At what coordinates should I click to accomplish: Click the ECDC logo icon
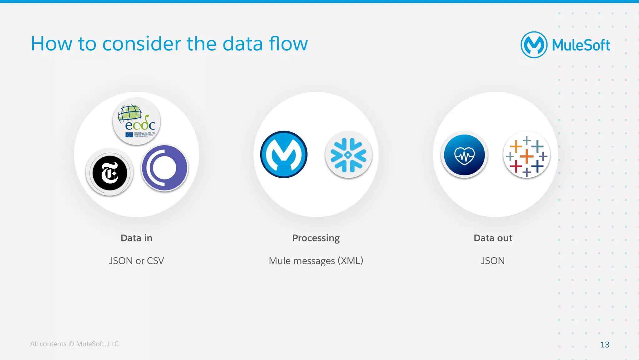click(137, 121)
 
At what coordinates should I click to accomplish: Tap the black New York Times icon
click(110, 172)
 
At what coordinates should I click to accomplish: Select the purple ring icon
click(164, 168)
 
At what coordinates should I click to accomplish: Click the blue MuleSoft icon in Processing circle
click(284, 155)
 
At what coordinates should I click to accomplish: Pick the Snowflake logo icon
click(349, 155)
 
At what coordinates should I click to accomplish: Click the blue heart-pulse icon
click(464, 155)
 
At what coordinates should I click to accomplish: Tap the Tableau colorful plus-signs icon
click(526, 155)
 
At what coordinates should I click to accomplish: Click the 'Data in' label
click(136, 238)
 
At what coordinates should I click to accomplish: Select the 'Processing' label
click(316, 238)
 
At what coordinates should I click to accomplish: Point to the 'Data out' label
click(493, 238)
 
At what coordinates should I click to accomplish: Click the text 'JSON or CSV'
click(136, 261)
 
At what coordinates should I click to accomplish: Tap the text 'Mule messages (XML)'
click(316, 261)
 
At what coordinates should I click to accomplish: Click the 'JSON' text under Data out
click(493, 261)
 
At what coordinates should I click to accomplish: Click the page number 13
click(604, 344)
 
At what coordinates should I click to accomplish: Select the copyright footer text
click(74, 344)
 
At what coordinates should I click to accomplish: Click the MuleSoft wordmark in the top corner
click(581, 45)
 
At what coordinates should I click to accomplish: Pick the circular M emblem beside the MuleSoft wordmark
click(534, 45)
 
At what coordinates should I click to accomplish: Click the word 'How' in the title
click(51, 44)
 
